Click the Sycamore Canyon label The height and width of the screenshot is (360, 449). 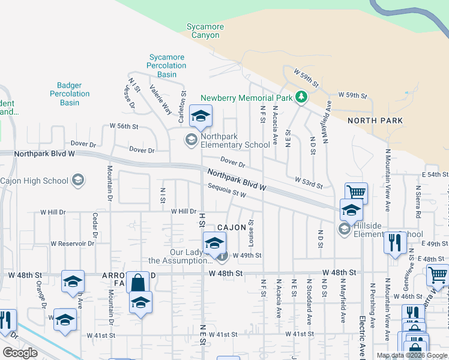coord(205,31)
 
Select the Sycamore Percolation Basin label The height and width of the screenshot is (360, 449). coord(167,66)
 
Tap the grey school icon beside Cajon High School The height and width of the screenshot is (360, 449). coord(77,180)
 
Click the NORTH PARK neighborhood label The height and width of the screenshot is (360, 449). coord(375,121)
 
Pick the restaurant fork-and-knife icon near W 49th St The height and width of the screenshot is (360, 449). coord(394,243)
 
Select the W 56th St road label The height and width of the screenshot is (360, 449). coord(124,127)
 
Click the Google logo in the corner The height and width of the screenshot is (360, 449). coord(20,353)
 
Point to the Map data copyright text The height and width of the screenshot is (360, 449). coord(412,355)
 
